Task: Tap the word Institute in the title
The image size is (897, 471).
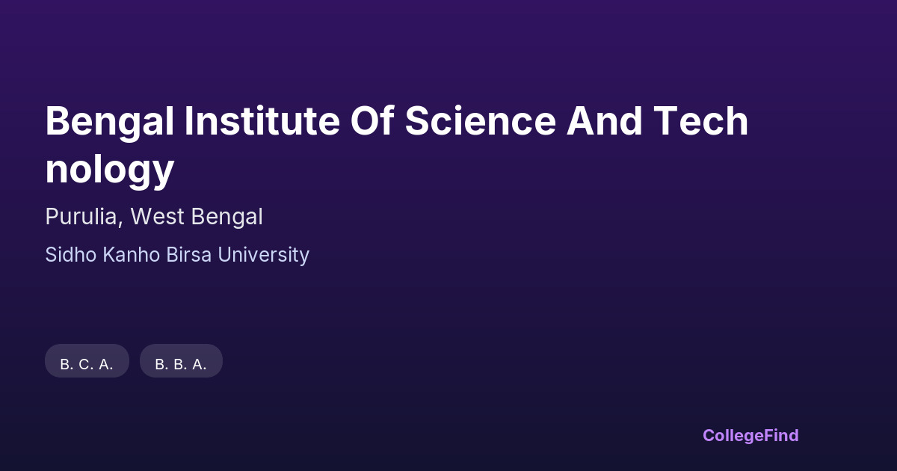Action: click(262, 120)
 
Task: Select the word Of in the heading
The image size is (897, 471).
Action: click(372, 120)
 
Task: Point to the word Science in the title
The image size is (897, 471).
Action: click(481, 120)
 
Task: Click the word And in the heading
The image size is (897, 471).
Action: click(604, 120)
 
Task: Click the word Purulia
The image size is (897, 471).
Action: click(81, 217)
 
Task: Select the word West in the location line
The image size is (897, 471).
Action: click(158, 217)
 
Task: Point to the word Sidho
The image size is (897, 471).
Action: click(71, 255)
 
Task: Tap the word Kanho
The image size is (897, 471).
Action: click(132, 255)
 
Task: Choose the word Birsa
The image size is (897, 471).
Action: click(188, 255)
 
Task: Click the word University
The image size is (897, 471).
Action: click(263, 256)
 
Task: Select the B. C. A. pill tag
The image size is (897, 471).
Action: click(87, 361)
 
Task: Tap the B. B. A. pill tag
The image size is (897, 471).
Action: click(181, 361)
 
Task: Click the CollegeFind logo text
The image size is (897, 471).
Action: click(750, 436)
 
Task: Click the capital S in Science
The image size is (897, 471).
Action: click(417, 120)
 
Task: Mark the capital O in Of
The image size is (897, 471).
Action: click(366, 120)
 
